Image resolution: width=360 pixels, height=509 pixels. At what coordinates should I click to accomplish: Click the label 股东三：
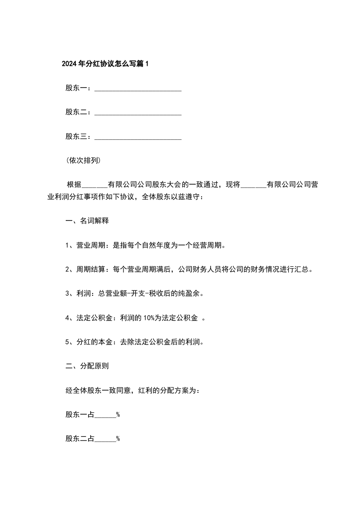(78, 137)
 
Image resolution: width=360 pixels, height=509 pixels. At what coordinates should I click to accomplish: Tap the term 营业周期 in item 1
(91, 245)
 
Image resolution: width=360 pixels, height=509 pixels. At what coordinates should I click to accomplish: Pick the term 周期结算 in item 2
(91, 269)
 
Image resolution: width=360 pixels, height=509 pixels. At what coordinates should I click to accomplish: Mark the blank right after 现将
(254, 185)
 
